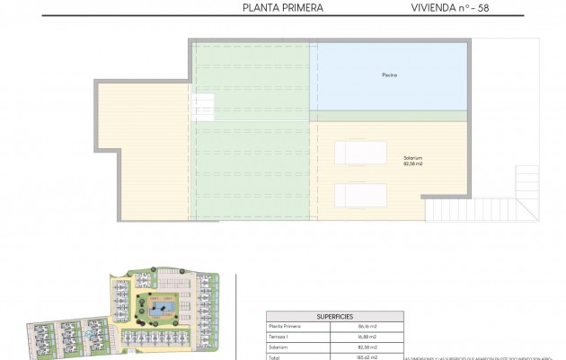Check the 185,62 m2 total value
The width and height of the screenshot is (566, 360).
[367, 356]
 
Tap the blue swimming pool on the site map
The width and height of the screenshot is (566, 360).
[164, 310]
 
